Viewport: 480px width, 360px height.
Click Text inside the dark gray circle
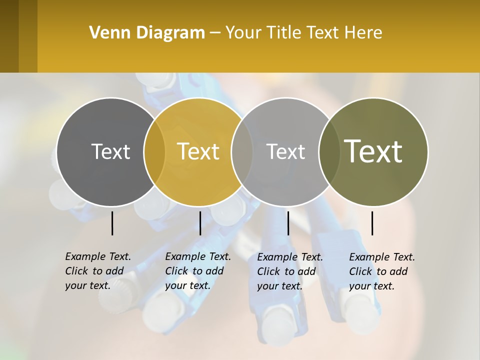[110, 151]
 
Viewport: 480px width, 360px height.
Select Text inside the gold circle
[198, 151]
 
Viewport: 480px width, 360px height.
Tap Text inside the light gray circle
[285, 151]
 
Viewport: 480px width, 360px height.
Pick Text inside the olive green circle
[373, 151]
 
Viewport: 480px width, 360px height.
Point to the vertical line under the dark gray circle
[112, 223]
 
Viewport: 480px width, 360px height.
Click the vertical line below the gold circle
[200, 223]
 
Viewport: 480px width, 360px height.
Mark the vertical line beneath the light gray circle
[288, 223]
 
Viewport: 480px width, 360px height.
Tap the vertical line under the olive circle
[372, 223]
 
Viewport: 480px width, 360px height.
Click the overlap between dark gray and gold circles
[154, 152]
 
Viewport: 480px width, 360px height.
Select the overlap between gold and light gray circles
[242, 152]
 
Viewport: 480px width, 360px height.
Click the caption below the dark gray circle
[97, 271]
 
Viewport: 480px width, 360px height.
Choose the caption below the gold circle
[197, 271]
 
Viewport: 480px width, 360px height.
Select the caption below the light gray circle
[289, 271]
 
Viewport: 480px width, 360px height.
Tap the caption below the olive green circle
[381, 271]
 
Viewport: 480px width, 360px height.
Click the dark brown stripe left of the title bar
[9, 36]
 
